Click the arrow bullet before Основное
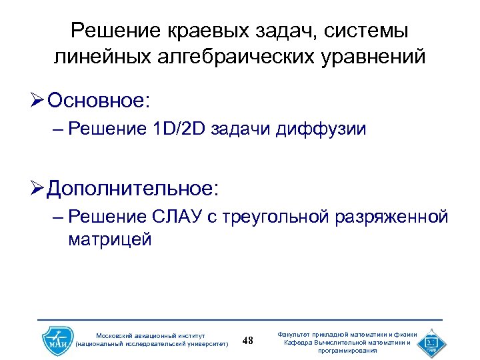click(39, 102)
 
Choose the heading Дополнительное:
click(133, 189)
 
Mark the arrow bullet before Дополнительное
click(39, 189)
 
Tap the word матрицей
click(110, 239)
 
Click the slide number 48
click(249, 341)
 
